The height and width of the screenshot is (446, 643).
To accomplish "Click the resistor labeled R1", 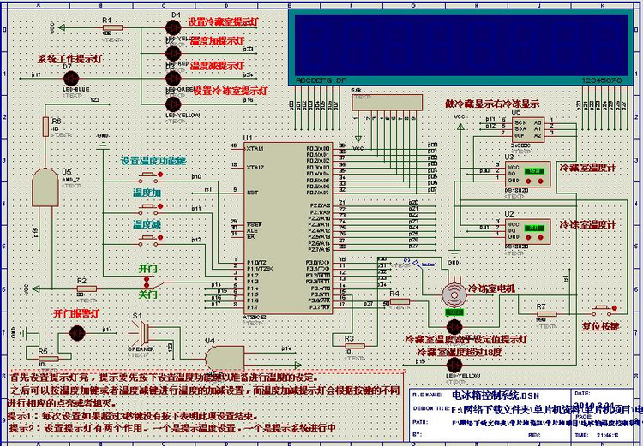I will tap(107, 27).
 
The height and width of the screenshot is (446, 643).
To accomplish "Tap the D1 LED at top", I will tap(173, 27).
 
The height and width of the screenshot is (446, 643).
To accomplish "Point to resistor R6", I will tap(45, 127).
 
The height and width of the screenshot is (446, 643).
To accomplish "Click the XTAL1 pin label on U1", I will tap(255, 148).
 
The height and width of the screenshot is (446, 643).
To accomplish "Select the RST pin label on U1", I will tap(253, 193).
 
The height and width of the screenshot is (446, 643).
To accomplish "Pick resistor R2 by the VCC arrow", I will tap(81, 289).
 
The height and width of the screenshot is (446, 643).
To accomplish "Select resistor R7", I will tap(542, 317).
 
